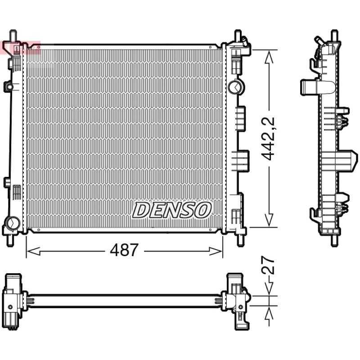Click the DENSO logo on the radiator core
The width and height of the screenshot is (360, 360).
tap(172, 210)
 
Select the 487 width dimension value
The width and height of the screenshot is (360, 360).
tap(124, 250)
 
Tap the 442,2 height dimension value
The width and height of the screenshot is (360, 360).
tap(268, 139)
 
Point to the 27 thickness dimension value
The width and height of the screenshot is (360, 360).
tap(268, 265)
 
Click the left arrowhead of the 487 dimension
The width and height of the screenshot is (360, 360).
tap(33, 251)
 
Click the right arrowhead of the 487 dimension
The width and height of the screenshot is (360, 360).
tap(216, 251)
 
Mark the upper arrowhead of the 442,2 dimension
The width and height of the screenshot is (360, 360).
tap(269, 57)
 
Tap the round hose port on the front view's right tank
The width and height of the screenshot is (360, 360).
tap(236, 86)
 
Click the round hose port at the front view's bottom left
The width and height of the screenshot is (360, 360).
tap(13, 223)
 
